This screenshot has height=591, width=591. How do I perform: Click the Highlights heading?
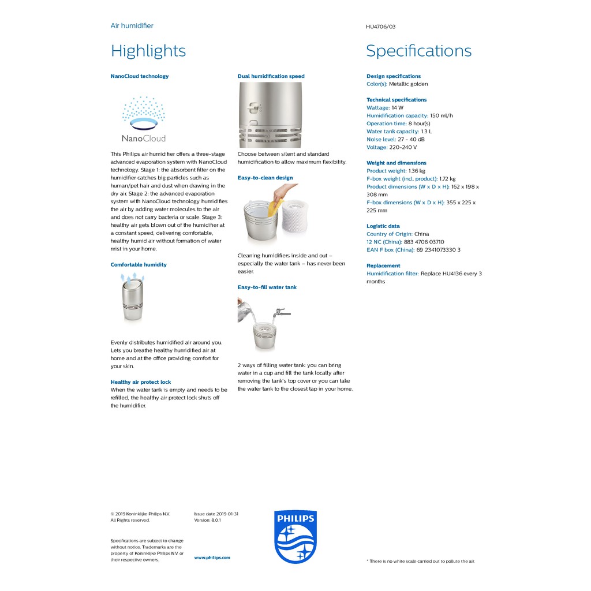pyautogui.click(x=148, y=51)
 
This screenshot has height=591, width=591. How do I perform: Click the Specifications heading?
pyautogui.click(x=418, y=51)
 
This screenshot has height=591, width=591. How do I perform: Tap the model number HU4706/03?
pyautogui.click(x=380, y=27)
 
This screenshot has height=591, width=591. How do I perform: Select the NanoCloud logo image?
pyautogui.click(x=143, y=119)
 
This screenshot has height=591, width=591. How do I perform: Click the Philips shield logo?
pyautogui.click(x=295, y=537)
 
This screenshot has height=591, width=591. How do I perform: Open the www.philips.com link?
pyautogui.click(x=212, y=558)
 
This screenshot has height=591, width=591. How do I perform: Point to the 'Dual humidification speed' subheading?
pyautogui.click(x=271, y=76)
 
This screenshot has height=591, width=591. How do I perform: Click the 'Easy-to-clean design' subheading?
pyautogui.click(x=265, y=178)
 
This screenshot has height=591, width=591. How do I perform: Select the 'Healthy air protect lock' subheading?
pyautogui.click(x=141, y=382)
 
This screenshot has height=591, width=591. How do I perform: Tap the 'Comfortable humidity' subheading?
pyautogui.click(x=139, y=265)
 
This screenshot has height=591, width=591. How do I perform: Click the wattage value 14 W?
pyautogui.click(x=398, y=108)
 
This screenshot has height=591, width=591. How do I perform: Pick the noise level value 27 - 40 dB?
pyautogui.click(x=411, y=140)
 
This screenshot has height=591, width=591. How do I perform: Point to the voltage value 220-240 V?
pyautogui.click(x=403, y=148)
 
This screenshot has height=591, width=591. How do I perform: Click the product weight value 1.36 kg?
pyautogui.click(x=417, y=171)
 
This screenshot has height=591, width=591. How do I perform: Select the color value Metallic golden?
pyautogui.click(x=409, y=84)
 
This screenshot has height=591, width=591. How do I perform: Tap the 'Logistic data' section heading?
pyautogui.click(x=383, y=226)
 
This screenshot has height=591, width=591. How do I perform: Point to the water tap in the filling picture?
pyautogui.click(x=282, y=312)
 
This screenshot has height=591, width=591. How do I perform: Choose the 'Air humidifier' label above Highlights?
pyautogui.click(x=132, y=26)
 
